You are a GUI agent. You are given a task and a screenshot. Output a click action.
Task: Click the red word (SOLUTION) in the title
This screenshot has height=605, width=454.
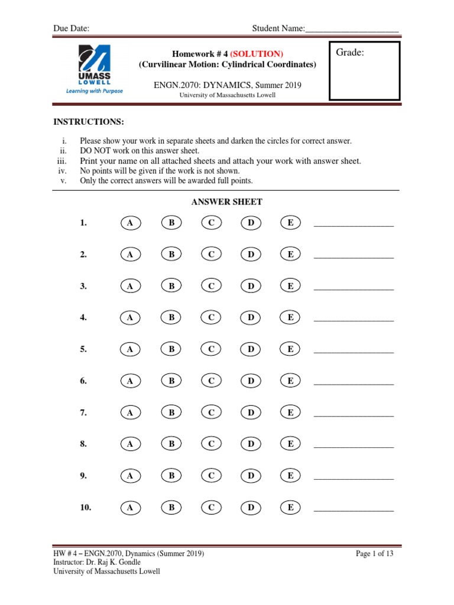[x=252, y=54]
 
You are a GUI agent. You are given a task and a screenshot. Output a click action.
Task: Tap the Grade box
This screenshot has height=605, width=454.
[x=364, y=71]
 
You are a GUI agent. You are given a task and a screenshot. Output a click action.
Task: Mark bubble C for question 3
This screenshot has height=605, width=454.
[x=211, y=286]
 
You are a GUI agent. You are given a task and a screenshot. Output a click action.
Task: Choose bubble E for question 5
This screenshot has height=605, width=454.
[x=290, y=349]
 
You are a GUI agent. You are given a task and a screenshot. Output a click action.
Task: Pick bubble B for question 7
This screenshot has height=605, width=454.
[x=171, y=413]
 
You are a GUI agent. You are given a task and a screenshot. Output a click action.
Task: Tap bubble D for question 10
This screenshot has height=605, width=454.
[x=251, y=508]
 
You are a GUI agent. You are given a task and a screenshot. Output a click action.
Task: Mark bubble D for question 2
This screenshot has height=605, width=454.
[x=251, y=255]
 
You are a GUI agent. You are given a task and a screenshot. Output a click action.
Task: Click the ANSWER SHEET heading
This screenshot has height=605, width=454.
[x=227, y=202]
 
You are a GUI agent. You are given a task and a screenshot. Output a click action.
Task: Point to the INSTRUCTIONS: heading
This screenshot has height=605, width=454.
[x=89, y=122]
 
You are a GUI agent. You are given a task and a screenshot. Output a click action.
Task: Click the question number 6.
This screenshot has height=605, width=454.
[x=83, y=381]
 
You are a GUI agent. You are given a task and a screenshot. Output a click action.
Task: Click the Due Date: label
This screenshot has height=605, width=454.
[x=72, y=28]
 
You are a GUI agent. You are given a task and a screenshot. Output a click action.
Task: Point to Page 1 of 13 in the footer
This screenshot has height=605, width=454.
[x=374, y=554]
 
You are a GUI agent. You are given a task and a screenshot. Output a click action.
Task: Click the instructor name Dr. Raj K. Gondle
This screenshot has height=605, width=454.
[x=114, y=562]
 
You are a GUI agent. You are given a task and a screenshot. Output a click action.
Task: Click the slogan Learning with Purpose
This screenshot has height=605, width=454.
[x=95, y=91]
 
